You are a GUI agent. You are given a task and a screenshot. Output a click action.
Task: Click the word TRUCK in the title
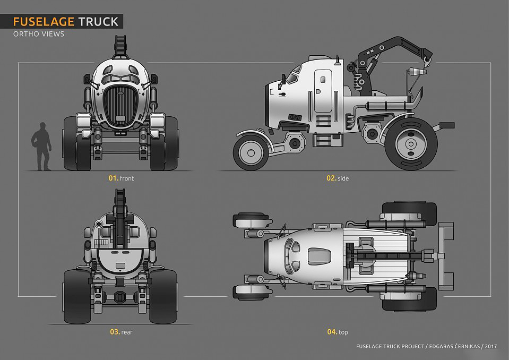pyautogui.click(x=99, y=22)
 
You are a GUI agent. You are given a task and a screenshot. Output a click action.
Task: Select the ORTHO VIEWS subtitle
pyautogui.click(x=38, y=35)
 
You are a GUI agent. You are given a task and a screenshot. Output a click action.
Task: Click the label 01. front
pyautogui.click(x=121, y=178)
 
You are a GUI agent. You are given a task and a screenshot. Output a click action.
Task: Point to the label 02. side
pyautogui.click(x=338, y=178)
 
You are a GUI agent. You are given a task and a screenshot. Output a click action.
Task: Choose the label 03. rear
pyautogui.click(x=121, y=332)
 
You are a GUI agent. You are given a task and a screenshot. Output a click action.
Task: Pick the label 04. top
pyautogui.click(x=338, y=332)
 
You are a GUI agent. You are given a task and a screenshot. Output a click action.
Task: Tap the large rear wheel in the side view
pyautogui.click(x=410, y=144)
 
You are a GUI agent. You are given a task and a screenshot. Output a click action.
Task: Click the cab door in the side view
pyautogui.click(x=322, y=90)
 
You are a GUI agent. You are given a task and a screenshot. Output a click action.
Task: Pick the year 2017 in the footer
pyautogui.click(x=490, y=346)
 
